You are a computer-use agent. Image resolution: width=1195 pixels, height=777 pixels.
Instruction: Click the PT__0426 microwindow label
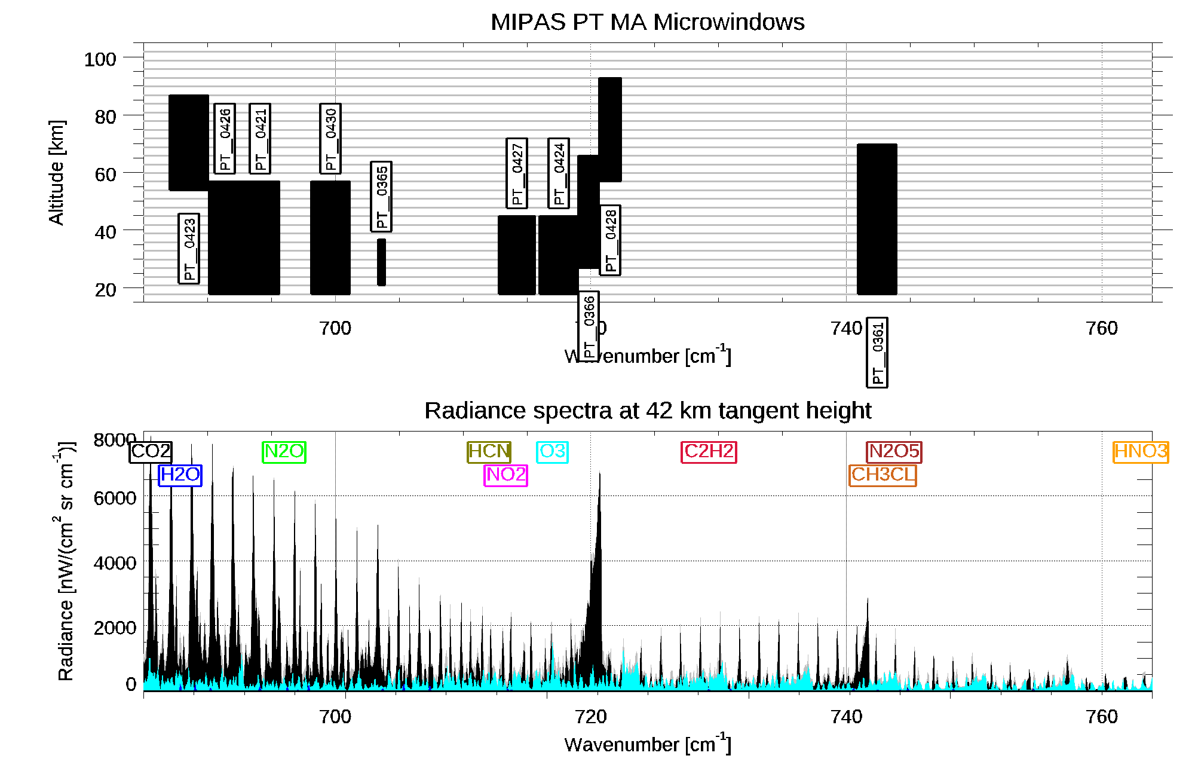pos(225,139)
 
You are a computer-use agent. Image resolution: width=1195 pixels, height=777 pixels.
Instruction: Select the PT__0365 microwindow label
pos(381,197)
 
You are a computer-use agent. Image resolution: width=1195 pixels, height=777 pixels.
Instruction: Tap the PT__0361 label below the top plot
pos(877,353)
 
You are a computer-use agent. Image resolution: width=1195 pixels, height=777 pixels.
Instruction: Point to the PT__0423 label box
pos(189,249)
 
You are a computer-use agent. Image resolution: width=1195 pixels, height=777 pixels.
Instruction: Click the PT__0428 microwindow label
pos(610,240)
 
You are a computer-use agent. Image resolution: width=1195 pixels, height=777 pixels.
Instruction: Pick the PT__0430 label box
pos(330,139)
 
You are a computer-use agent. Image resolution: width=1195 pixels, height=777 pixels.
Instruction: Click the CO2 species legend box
pos(151,452)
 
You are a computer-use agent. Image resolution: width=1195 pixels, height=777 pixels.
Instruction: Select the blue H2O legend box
pos(180,475)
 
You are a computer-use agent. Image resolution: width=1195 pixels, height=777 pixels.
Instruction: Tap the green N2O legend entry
pos(284,452)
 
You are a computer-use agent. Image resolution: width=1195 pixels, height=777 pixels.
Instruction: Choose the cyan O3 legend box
pos(552,452)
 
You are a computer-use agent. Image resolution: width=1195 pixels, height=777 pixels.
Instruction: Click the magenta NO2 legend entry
pos(505,475)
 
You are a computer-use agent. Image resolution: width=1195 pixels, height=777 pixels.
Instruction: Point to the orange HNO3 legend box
pos(1141,452)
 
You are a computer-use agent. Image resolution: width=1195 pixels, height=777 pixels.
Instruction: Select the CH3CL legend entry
pos(883,475)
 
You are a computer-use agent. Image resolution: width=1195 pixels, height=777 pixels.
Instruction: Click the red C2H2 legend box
pos(709,452)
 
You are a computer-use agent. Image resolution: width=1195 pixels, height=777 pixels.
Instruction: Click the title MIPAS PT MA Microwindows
pos(647,22)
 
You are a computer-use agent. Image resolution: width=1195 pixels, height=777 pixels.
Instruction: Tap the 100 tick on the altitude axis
pos(100,59)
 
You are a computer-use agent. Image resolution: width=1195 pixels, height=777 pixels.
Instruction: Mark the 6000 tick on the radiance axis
pos(115,498)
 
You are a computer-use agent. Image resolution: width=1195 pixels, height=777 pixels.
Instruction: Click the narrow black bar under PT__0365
pos(381,262)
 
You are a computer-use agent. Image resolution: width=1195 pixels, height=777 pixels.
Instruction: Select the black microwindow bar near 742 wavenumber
pos(877,219)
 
